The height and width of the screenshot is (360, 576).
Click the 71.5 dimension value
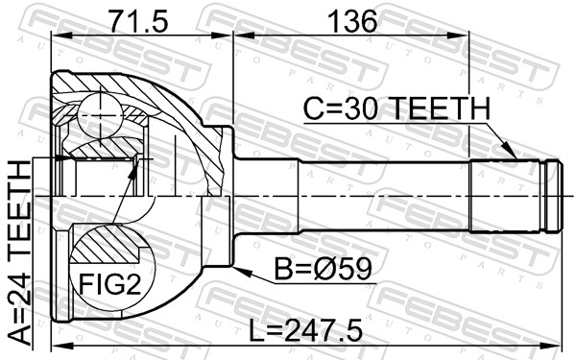coord(139,21)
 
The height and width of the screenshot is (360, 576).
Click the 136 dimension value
coord(352,21)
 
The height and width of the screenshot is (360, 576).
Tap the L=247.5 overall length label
coord(305,330)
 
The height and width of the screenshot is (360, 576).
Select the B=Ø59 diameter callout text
coord(324,268)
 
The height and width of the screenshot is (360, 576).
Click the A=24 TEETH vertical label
coord(19,253)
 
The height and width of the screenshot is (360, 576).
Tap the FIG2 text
coord(110,284)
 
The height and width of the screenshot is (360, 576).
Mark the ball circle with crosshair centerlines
coord(100,115)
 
